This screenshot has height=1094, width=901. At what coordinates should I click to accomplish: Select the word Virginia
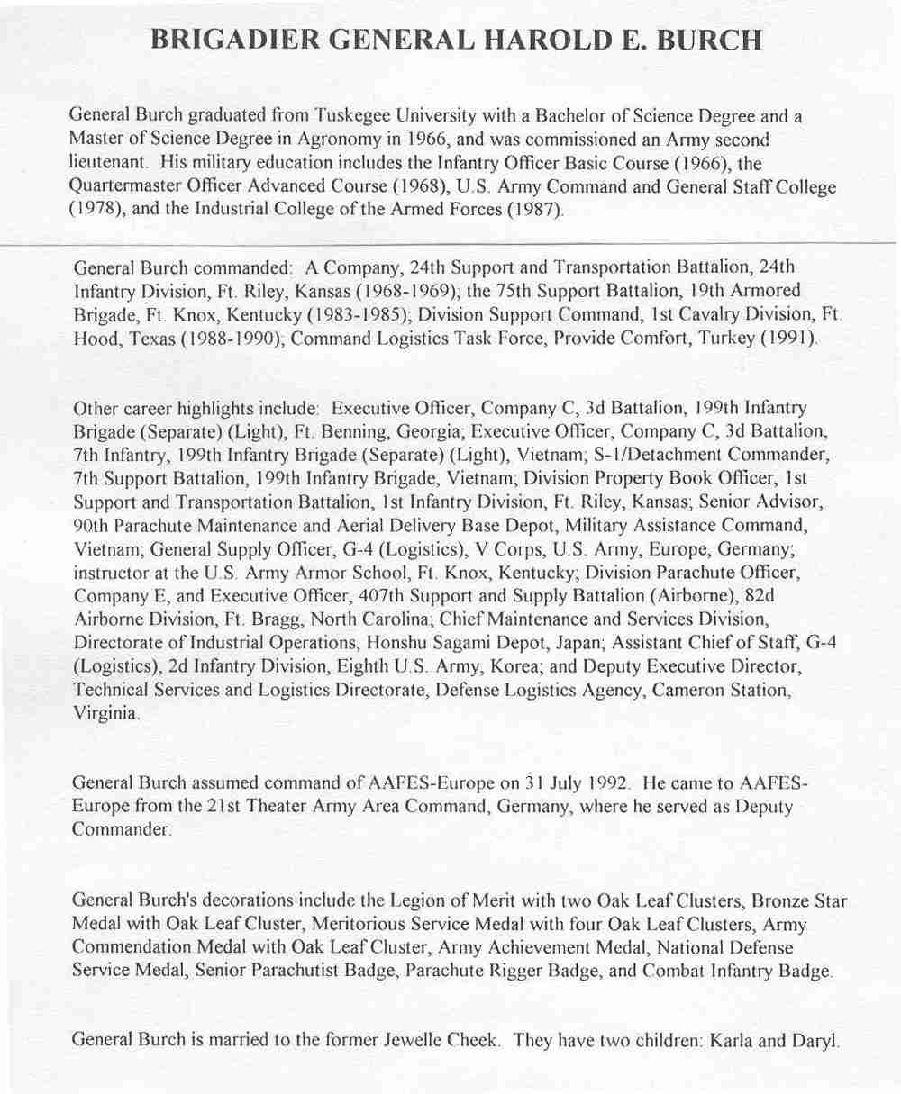tap(105, 713)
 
